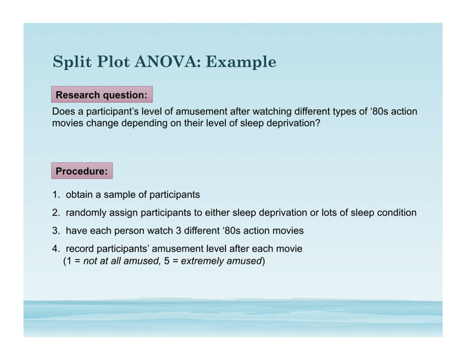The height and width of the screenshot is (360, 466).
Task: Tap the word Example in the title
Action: [241, 62]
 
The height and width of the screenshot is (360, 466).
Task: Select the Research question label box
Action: [102, 95]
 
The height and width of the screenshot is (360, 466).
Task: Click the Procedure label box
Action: [82, 171]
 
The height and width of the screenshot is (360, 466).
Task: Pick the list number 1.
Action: [56, 195]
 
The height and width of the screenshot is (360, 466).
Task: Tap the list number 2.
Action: [56, 213]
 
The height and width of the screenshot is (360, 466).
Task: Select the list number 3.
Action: [56, 231]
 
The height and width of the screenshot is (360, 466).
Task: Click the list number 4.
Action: [56, 249]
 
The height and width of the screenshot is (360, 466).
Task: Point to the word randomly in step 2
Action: [86, 213]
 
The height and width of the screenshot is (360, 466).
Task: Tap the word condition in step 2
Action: [395, 213]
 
